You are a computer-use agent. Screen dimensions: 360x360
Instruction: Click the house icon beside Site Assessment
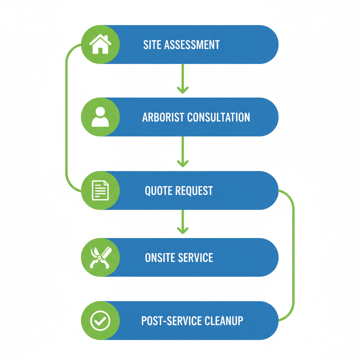100,44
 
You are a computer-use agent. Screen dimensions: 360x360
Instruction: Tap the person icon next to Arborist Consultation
100,117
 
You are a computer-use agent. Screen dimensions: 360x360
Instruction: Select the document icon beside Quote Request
100,190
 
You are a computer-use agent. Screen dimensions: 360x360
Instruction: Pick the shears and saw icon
100,257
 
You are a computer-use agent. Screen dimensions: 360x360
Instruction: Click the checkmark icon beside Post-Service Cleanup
100,320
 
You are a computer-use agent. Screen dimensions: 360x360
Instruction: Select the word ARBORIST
163,117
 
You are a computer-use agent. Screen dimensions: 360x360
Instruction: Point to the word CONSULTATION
218,117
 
